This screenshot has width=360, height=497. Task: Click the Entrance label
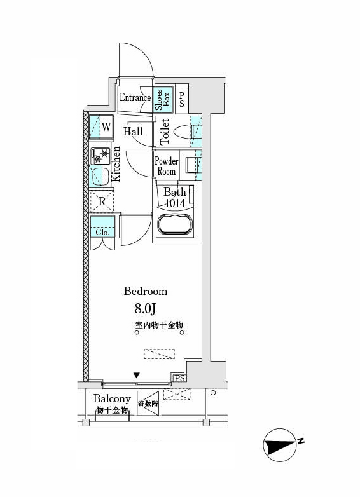135,98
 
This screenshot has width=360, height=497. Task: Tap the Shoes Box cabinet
163,99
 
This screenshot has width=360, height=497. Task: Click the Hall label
133,132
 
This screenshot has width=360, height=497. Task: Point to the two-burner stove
100,156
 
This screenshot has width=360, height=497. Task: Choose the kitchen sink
100,177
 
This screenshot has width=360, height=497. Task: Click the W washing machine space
102,127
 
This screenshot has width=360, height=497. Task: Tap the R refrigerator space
102,201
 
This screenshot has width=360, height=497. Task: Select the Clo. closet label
102,233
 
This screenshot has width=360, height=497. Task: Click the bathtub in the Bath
176,224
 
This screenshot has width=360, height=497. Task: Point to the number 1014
175,203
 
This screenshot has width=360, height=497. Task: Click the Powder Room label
167,166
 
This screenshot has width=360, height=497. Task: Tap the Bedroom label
146,291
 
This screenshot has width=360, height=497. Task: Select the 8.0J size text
145,308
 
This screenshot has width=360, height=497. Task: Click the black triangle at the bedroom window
136,375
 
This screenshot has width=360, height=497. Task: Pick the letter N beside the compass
301,440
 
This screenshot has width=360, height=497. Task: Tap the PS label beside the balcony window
179,378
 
